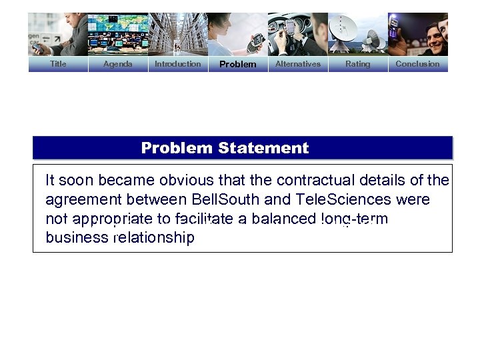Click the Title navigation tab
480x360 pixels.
[x=58, y=64]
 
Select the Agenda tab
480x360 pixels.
[x=118, y=64]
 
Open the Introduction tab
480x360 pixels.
[x=177, y=64]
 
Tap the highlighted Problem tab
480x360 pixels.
[x=237, y=65]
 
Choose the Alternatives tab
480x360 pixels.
[x=298, y=64]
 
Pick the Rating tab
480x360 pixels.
[x=357, y=64]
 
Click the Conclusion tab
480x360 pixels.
[x=417, y=64]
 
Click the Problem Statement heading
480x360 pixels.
[x=225, y=148]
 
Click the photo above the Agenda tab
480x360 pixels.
[x=118, y=34]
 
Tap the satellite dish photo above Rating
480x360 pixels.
[x=357, y=34]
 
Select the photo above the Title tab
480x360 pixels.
[x=58, y=34]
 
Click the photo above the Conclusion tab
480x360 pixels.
[x=417, y=34]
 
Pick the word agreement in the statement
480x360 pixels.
[x=83, y=199]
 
